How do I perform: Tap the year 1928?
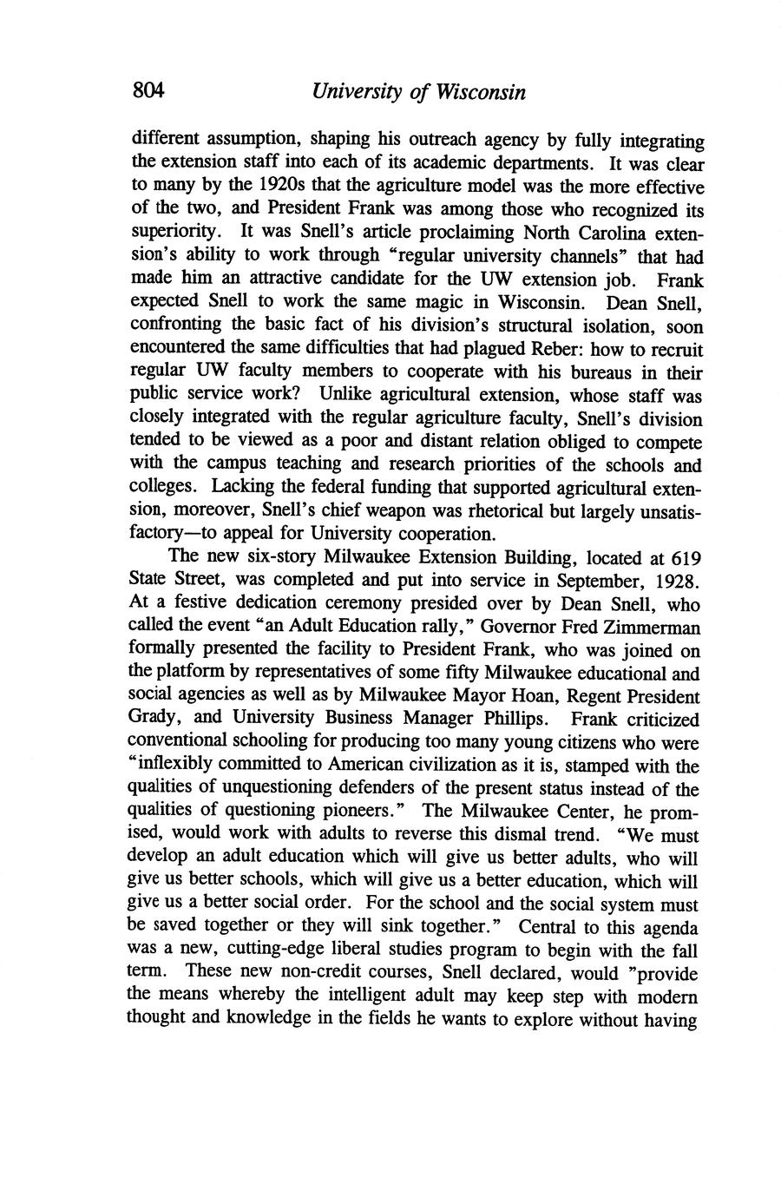[x=675, y=580]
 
